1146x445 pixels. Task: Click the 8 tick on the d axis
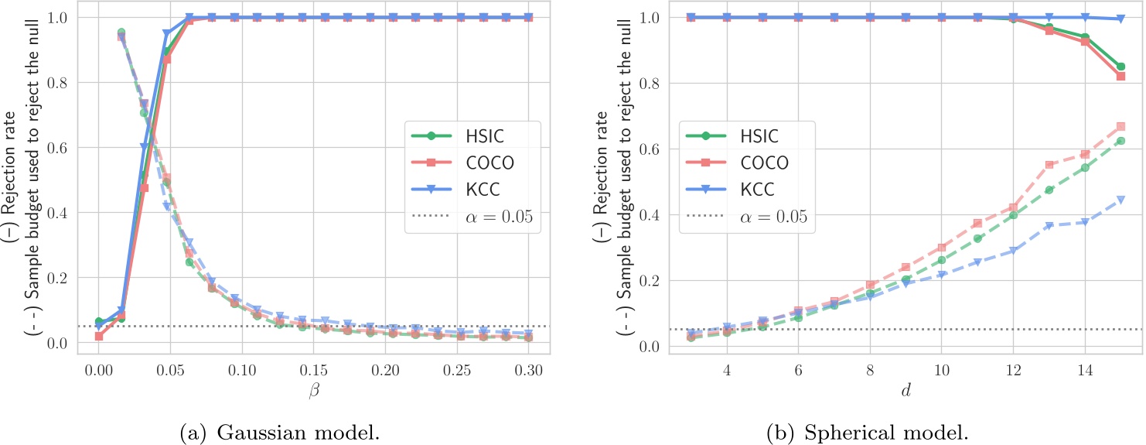click(870, 368)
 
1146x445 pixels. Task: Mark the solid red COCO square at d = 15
click(1120, 76)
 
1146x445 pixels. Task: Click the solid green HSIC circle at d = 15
click(1120, 67)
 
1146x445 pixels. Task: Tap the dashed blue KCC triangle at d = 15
click(1120, 200)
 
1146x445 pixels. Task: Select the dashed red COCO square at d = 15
click(1120, 126)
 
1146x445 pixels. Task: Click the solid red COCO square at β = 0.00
click(99, 336)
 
